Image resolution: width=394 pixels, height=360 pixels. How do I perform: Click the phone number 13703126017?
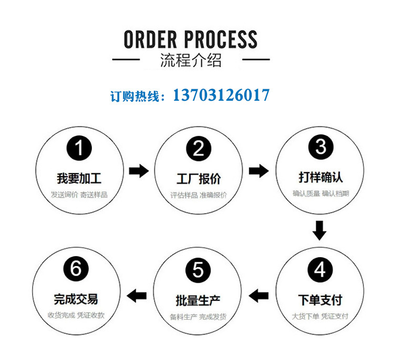(x=221, y=96)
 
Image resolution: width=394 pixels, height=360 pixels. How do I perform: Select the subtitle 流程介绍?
(x=191, y=60)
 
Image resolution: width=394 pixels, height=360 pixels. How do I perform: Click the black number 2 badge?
(x=198, y=149)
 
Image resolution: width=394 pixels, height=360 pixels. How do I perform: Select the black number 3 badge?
(x=320, y=146)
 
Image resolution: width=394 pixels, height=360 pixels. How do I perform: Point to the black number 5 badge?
(x=198, y=270)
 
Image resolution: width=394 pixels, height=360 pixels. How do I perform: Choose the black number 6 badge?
(x=76, y=269)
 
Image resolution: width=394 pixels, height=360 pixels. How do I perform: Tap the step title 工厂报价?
(x=198, y=178)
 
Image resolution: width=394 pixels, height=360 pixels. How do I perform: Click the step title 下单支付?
(x=320, y=300)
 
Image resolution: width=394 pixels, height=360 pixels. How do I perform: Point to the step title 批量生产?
(x=198, y=301)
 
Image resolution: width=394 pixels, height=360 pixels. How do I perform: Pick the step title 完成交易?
(x=76, y=299)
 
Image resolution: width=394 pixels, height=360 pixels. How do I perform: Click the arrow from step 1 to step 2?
(x=139, y=171)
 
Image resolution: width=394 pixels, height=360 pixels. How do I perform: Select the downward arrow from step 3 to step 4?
(x=319, y=230)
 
